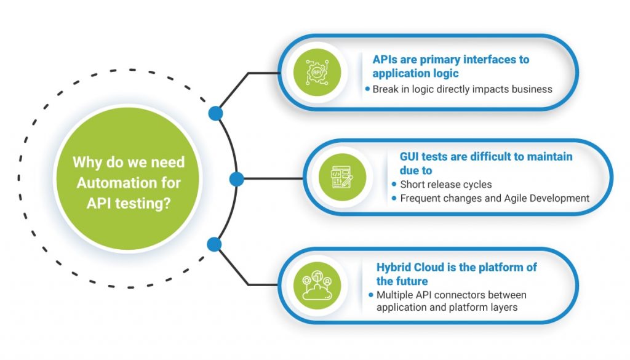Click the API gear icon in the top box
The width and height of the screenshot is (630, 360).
point(317,73)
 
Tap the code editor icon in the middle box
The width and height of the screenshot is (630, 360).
point(342,177)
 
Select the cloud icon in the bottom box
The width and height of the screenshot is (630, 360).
point(317,286)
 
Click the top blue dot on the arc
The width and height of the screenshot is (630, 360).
point(216,114)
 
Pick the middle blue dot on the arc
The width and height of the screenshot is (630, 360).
point(237,179)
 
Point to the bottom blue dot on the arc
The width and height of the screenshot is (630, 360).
point(214,244)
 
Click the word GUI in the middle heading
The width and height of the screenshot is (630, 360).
point(409,156)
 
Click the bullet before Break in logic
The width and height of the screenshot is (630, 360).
point(367,89)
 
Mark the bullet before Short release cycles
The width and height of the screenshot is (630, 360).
point(394,185)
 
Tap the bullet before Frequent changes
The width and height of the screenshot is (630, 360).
point(394,198)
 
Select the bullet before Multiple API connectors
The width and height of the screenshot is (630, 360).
point(371,295)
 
